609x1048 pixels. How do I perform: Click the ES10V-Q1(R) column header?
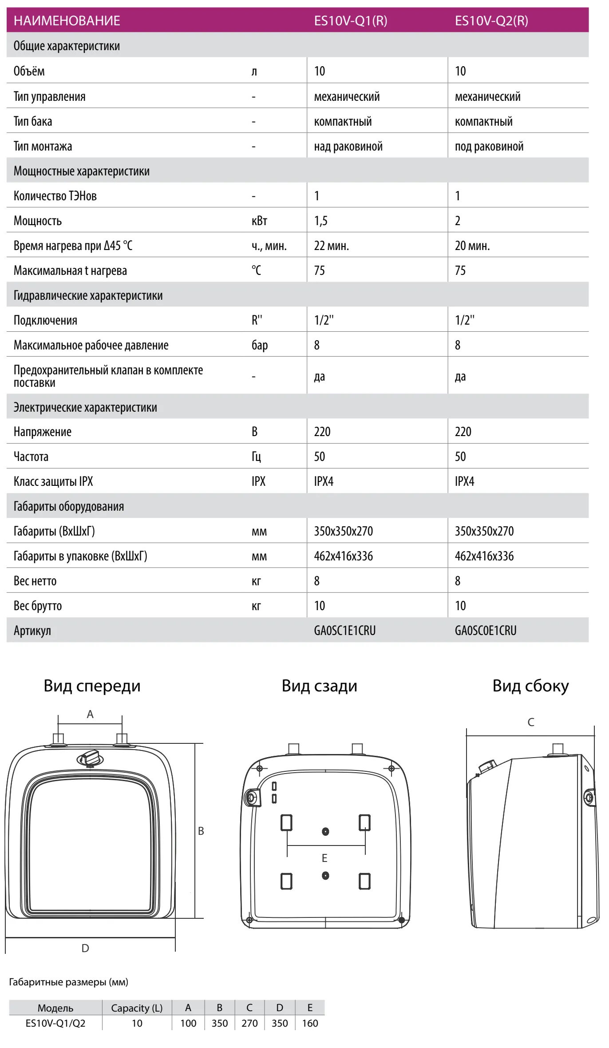(x=350, y=21)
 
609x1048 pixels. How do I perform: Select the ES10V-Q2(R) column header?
(x=491, y=21)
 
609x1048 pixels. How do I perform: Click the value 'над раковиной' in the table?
(x=348, y=147)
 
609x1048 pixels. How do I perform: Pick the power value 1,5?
(x=320, y=221)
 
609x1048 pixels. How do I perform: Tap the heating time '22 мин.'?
(x=331, y=246)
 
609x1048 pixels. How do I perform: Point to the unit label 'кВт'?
(x=259, y=221)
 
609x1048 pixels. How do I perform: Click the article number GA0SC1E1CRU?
(x=344, y=630)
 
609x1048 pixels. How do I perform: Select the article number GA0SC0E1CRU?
(x=485, y=630)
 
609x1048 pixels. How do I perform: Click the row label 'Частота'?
(x=31, y=457)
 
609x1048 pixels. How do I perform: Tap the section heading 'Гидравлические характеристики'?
(x=88, y=295)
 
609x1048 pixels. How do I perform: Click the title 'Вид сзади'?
(x=319, y=686)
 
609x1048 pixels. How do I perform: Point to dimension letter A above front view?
(x=90, y=715)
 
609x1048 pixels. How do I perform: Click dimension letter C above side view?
(x=530, y=722)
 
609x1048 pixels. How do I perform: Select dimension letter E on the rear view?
(x=324, y=858)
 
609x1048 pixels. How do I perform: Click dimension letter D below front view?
(x=85, y=949)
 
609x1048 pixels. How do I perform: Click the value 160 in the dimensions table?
(x=310, y=1023)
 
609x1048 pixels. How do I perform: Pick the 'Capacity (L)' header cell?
(x=137, y=1008)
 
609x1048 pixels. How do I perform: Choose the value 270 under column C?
(x=249, y=1023)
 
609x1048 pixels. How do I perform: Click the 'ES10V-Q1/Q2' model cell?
(x=55, y=1023)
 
